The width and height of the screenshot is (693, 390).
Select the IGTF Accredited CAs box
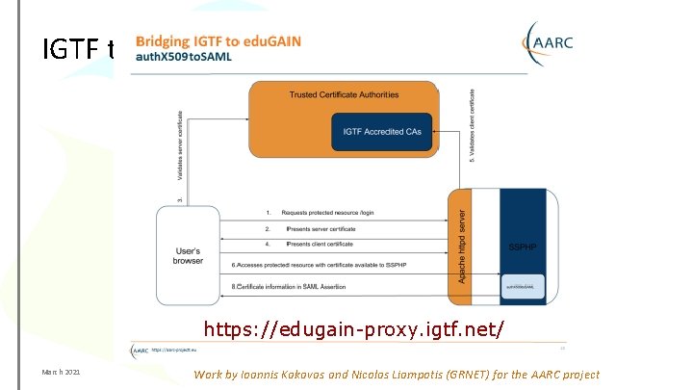tap(382, 132)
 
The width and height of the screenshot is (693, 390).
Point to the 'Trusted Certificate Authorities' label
tap(345, 94)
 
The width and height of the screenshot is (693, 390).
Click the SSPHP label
tap(523, 246)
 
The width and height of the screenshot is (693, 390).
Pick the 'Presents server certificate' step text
tap(321, 228)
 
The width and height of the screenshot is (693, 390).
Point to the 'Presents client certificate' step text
tap(321, 246)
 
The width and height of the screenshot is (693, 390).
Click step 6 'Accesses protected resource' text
tap(327, 264)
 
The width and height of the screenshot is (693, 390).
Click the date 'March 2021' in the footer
tap(60, 374)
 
